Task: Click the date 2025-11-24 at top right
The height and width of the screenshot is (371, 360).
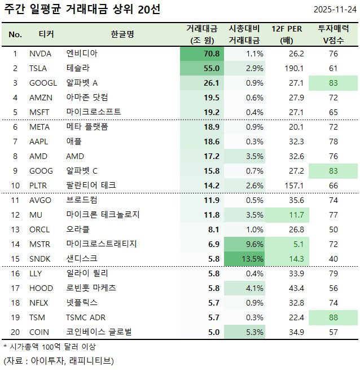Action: click(x=335, y=10)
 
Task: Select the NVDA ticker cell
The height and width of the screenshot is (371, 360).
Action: click(x=40, y=54)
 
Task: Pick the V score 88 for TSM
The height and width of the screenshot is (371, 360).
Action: click(x=333, y=317)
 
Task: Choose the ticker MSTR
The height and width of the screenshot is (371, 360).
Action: click(x=40, y=244)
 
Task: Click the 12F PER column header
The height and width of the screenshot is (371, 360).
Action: click(x=289, y=29)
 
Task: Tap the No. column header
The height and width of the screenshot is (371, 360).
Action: click(x=15, y=34)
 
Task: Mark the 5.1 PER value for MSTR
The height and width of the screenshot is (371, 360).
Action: click(x=296, y=244)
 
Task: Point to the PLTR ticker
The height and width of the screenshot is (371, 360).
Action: click(x=39, y=185)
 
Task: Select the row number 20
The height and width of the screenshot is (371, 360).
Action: click(x=15, y=332)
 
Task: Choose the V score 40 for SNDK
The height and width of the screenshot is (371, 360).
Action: click(x=333, y=259)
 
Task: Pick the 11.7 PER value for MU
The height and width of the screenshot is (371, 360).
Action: click(x=296, y=215)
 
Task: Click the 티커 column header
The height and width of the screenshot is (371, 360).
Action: click(x=46, y=34)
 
